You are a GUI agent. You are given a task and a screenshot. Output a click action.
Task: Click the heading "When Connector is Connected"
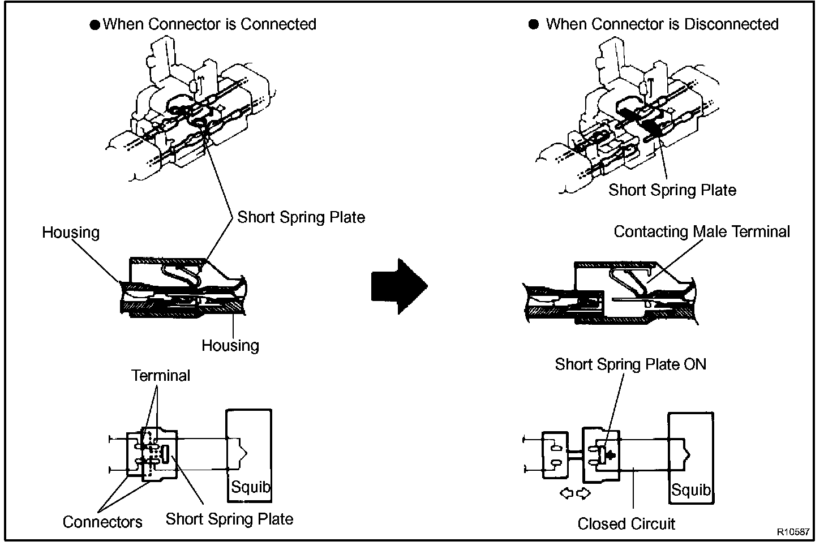pos(209,24)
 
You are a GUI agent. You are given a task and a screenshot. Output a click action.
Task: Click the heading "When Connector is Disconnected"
pos(662,24)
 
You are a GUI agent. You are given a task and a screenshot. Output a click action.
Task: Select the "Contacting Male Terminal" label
pos(702,232)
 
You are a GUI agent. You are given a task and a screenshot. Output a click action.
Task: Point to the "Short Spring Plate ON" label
pos(630,364)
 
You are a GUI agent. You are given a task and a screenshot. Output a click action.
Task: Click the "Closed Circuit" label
pos(626,524)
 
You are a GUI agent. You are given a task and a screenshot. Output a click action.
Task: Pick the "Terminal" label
pos(161,376)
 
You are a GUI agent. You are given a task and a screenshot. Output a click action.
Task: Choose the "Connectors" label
pos(102,522)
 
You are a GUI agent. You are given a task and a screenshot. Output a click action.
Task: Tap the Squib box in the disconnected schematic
pos(690,458)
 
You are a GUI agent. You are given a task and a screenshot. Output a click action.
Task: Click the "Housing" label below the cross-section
pos(230,346)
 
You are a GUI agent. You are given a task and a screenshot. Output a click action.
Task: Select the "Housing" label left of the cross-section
pos(71,233)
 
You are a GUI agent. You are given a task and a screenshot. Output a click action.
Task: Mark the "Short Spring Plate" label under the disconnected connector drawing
pos(672,190)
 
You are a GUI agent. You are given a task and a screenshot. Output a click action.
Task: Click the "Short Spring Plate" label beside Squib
pos(229,519)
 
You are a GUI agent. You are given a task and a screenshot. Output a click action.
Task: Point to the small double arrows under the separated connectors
pos(575,493)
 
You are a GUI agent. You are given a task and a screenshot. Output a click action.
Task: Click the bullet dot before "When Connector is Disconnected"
pos(534,25)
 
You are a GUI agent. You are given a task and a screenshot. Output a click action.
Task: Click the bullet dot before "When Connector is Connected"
pos(95,25)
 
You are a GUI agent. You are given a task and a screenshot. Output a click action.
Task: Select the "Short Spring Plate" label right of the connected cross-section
pos(301,217)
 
